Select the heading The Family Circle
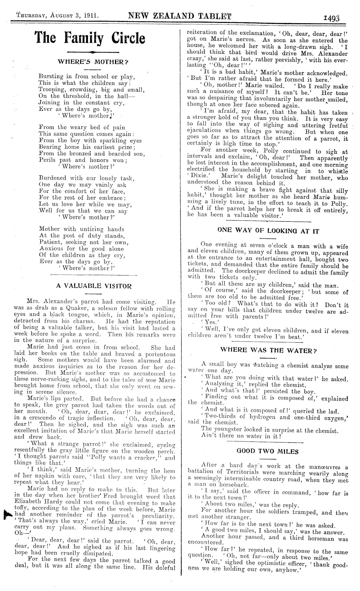coord(90,38)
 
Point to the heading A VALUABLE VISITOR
coord(94,286)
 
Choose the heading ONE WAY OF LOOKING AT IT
coord(268,231)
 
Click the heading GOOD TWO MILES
coord(268,451)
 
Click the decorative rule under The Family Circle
coord(93,52)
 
